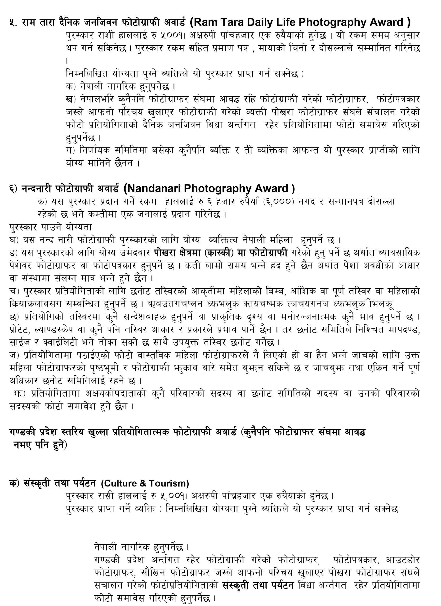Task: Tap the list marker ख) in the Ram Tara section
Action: point(71,99)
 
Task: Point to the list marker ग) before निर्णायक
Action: point(71,150)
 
